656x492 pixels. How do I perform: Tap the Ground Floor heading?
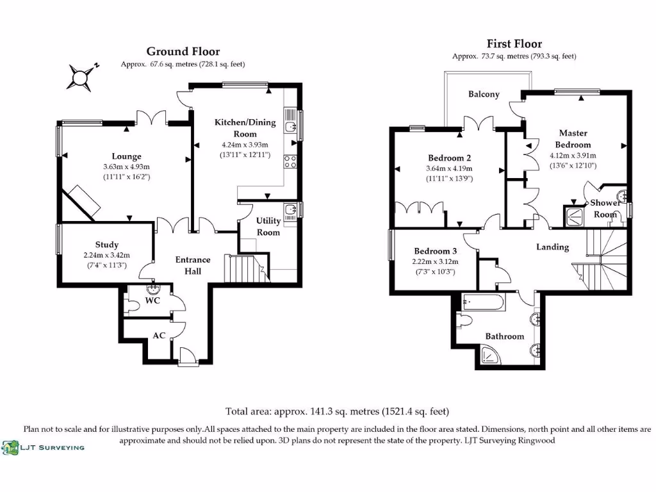(x=183, y=51)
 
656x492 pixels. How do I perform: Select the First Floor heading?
(x=514, y=44)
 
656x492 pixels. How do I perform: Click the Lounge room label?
(x=126, y=156)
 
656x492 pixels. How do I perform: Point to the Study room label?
(x=106, y=245)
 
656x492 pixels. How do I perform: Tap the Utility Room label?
(x=268, y=226)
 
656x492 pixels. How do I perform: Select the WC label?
(x=152, y=300)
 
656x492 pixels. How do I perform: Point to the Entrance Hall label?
(x=193, y=265)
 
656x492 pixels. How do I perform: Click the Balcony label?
(x=484, y=94)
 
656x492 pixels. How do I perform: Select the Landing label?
(x=552, y=247)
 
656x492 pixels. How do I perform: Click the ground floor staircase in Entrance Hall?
(x=245, y=267)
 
